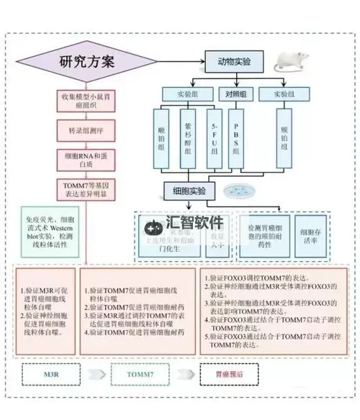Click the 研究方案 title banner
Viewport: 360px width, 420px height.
[x=88, y=62]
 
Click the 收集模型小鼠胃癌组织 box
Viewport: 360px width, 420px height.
[x=86, y=99]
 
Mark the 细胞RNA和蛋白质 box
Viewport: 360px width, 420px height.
[x=86, y=159]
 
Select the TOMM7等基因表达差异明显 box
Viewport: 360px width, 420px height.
[x=86, y=189]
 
